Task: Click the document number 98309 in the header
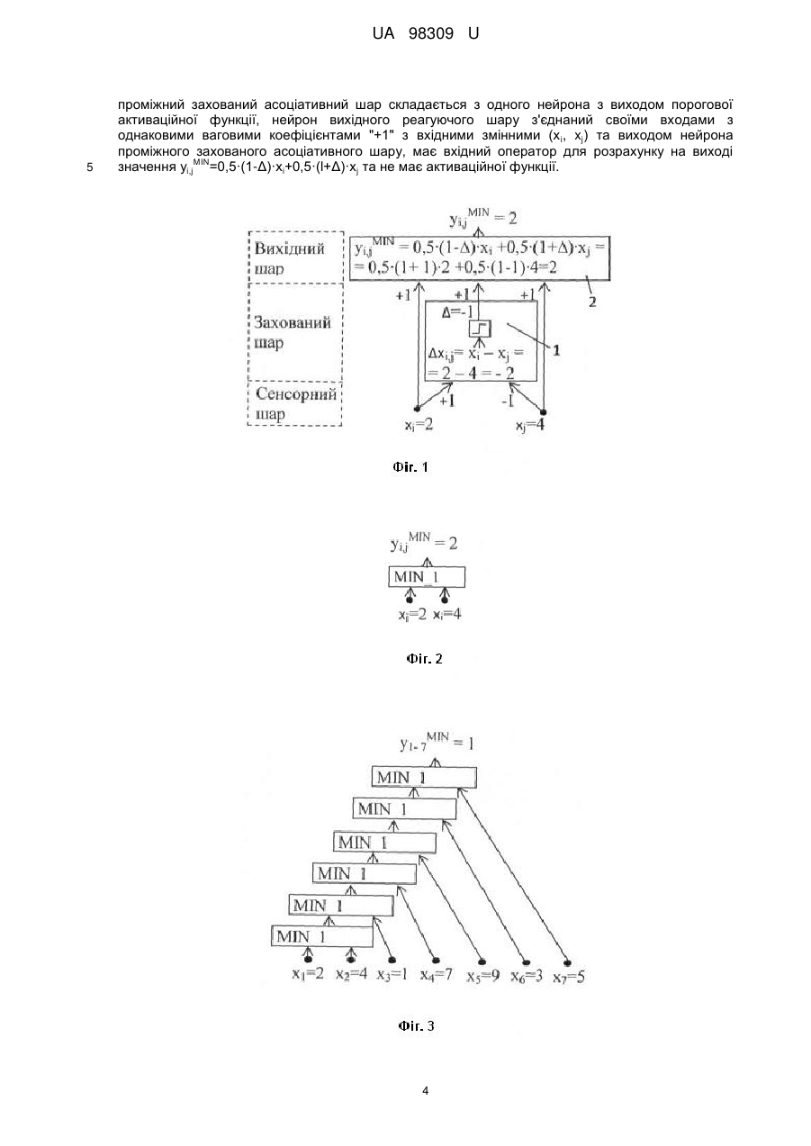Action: (431, 34)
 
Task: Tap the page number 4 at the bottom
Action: (425, 1091)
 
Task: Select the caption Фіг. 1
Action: (410, 466)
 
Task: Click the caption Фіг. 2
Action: (424, 659)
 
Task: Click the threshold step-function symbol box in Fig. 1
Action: (480, 329)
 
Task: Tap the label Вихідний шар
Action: (290, 258)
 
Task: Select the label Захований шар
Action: (293, 332)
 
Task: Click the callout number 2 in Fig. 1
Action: (592, 302)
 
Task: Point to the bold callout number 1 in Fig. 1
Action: (556, 350)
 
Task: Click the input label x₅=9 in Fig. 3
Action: (482, 977)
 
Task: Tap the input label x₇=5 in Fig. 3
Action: (569, 977)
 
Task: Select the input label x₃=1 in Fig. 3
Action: (392, 975)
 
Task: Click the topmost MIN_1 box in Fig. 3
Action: (424, 778)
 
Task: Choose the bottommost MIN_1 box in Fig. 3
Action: (322, 936)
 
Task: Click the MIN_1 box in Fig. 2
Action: (427, 577)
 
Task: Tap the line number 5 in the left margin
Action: (89, 167)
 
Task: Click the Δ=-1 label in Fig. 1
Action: (457, 312)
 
